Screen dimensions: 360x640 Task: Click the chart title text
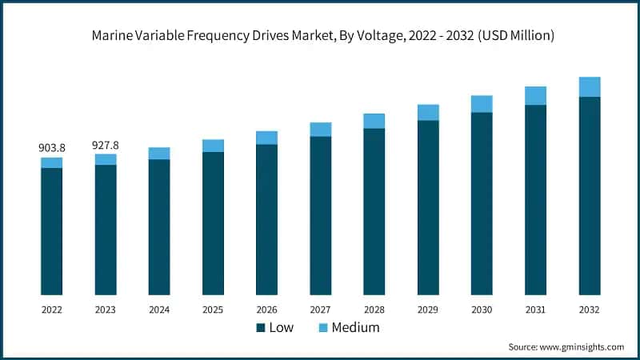tap(320, 35)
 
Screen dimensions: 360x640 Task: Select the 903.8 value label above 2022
tap(52, 148)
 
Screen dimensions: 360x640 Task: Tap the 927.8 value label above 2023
tap(106, 145)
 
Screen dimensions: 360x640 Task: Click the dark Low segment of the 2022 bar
tap(52, 231)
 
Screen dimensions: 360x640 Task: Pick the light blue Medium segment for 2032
tap(590, 86)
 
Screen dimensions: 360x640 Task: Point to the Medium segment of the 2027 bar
tap(321, 130)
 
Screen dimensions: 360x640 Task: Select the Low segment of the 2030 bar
tap(482, 203)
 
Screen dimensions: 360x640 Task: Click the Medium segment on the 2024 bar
tap(159, 154)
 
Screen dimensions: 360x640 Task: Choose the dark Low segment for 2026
tap(267, 219)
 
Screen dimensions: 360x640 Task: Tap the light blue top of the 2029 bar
tap(428, 113)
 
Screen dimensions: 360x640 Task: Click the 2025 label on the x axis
tap(213, 309)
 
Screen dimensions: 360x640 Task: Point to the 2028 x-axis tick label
tap(374, 309)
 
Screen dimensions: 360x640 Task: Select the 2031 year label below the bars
tap(535, 309)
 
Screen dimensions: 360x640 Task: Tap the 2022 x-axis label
tap(52, 309)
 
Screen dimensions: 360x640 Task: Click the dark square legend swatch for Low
tap(261, 328)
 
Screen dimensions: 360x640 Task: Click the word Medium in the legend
tap(355, 327)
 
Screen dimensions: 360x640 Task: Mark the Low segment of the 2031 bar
tap(535, 200)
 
